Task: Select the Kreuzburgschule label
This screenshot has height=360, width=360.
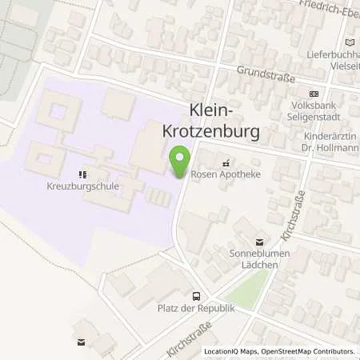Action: (82, 186)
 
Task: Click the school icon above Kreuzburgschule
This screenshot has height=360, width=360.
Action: (82, 174)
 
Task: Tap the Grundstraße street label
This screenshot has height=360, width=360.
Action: (266, 74)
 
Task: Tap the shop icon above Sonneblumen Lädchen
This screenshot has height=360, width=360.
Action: (258, 241)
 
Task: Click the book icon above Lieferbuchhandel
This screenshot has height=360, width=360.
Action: (348, 42)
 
